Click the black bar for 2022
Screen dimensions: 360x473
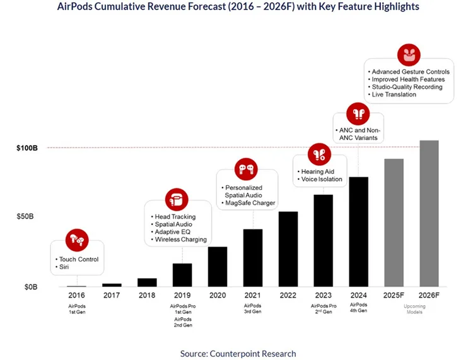[288, 250]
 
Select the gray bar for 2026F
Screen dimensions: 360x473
[429, 214]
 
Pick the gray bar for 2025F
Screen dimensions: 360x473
[394, 223]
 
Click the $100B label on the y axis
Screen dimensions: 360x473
[26, 148]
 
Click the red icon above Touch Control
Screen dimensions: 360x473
[77, 240]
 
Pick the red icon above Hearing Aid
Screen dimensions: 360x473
[319, 154]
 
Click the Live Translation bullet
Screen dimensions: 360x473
[394, 95]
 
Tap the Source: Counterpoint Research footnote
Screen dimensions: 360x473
[238, 353]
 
